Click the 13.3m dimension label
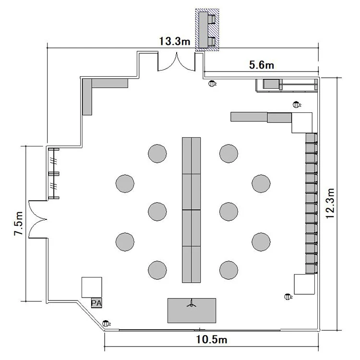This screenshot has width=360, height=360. click(175, 41)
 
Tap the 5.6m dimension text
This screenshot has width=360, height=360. click(262, 65)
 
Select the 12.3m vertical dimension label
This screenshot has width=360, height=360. click(330, 204)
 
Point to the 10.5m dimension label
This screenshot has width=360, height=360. click(212, 339)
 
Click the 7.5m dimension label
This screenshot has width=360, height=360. click(18, 223)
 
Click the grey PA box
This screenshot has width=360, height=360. click(96, 303)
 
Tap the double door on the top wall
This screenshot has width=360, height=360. click(176, 61)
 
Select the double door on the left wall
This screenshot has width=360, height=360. click(38, 219)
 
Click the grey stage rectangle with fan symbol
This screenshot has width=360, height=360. click(192, 311)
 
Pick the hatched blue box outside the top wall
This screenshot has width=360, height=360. click(207, 30)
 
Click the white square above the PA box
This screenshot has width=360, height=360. click(92, 287)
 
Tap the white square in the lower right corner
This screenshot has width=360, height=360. click(304, 284)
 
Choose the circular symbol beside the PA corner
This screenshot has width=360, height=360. click(106, 324)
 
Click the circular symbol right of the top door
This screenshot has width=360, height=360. click(212, 84)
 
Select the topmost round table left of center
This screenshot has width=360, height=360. click(157, 154)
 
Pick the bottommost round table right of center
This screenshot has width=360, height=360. click(228, 270)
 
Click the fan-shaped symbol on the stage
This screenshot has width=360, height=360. click(192, 303)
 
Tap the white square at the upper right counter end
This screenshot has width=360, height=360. click(302, 122)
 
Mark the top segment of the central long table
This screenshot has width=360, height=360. click(192, 156)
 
